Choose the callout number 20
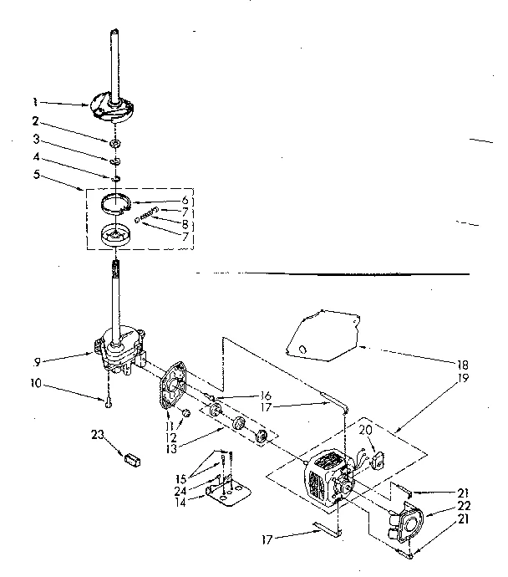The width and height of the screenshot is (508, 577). click(364, 430)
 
